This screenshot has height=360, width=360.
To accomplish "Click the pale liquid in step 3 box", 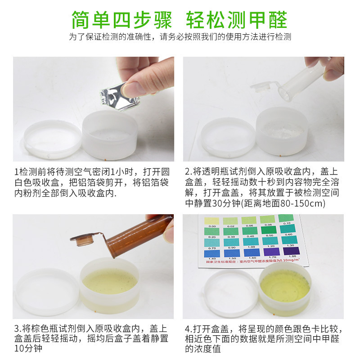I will click(x=110, y=281).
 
